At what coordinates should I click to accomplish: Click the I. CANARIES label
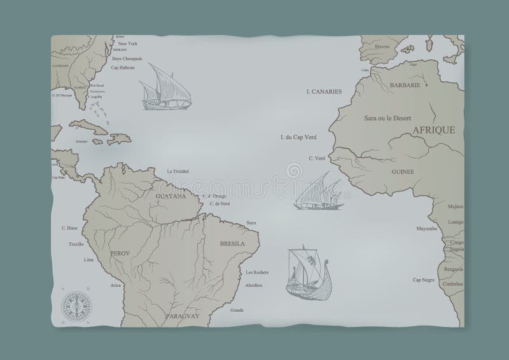pos(323,92)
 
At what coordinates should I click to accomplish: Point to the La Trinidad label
pos(179,171)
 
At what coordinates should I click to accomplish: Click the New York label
pos(129,44)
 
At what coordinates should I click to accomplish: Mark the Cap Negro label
pos(423,280)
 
